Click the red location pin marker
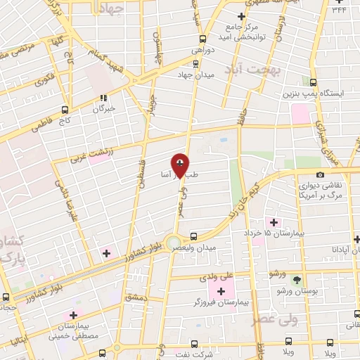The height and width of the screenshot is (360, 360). (x=180, y=167)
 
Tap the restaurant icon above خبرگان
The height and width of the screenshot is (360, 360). (x=104, y=98)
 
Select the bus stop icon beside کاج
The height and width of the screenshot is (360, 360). (x=65, y=110)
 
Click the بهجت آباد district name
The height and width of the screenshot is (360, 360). (x=252, y=70)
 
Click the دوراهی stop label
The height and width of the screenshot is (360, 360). (x=203, y=51)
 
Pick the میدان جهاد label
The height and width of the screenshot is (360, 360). (x=195, y=75)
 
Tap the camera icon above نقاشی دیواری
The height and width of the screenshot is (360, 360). (x=321, y=174)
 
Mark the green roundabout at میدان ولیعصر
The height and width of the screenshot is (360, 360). (x=173, y=243)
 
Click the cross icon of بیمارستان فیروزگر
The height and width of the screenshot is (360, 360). (x=221, y=291)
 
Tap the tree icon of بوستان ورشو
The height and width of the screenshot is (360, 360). (x=296, y=279)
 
